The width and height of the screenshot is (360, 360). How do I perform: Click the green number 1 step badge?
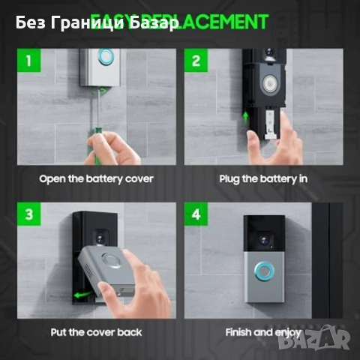coord(28,61)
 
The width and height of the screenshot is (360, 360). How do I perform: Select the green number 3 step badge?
coord(28,214)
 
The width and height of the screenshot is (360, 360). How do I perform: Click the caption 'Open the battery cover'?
coord(97,178)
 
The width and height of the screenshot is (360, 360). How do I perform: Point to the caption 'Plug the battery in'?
coord(262,178)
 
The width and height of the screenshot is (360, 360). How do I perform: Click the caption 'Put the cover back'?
coord(97,331)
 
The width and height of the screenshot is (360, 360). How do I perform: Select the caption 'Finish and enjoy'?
coord(263,331)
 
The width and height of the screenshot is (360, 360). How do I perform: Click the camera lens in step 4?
coord(264,238)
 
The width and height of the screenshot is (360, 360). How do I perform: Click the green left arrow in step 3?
coord(81,295)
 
